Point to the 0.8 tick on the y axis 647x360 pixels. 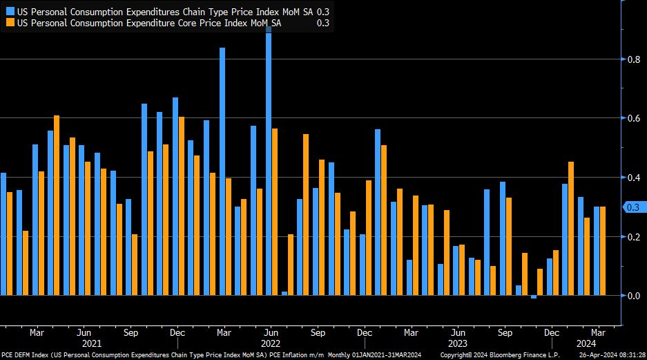click(x=632, y=59)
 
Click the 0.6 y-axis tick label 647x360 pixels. click(x=632, y=119)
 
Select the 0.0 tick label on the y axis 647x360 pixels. click(x=632, y=296)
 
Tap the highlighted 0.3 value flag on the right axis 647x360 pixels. click(x=632, y=207)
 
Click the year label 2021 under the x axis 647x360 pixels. click(x=92, y=343)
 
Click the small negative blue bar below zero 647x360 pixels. click(x=534, y=297)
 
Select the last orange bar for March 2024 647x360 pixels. click(x=602, y=251)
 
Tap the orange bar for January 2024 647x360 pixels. click(x=571, y=229)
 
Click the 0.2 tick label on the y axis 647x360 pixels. click(x=632, y=237)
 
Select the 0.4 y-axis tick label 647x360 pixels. click(x=632, y=178)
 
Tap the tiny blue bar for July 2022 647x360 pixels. click(x=284, y=294)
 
